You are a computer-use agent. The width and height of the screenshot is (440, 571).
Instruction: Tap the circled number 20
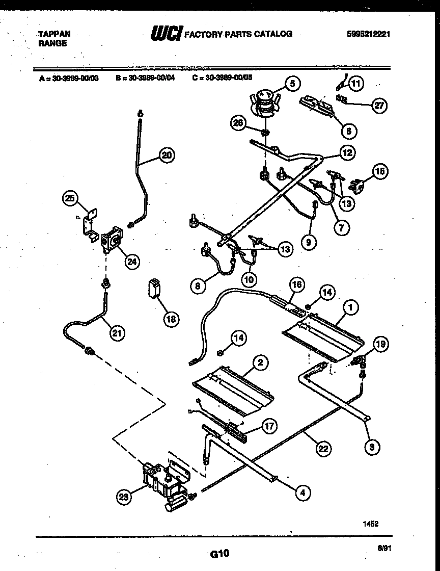point(166,157)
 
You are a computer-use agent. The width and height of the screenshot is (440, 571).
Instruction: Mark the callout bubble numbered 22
point(322,449)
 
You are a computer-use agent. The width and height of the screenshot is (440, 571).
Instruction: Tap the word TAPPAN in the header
point(54,34)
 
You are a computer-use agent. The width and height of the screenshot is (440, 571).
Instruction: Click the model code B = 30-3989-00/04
point(145,79)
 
